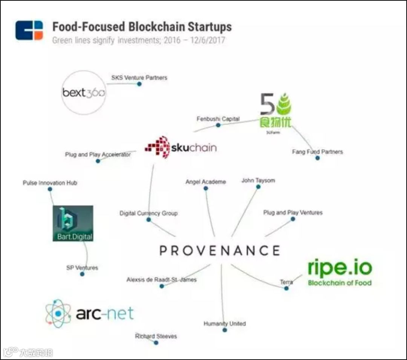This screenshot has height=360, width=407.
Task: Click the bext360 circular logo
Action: pyautogui.click(x=84, y=92)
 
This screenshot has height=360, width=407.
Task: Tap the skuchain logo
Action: pyautogui.click(x=181, y=147)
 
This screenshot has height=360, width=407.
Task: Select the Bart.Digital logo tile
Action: pyautogui.click(x=73, y=223)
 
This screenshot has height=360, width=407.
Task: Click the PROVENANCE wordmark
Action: pyautogui.click(x=220, y=251)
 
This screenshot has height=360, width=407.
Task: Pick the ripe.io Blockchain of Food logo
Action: pyautogui.click(x=340, y=271)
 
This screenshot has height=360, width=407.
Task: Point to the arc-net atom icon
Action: pyautogui.click(x=58, y=313)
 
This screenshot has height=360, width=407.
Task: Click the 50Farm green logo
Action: pyautogui.click(x=276, y=112)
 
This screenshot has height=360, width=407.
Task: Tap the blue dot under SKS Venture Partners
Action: pyautogui.click(x=139, y=84)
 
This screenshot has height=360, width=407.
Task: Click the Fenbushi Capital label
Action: pyautogui.click(x=218, y=119)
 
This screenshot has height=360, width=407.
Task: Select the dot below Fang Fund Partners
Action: pyautogui.click(x=317, y=158)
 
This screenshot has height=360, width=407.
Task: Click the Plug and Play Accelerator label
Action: pyautogui.click(x=98, y=155)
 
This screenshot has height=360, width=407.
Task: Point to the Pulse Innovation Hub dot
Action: pyautogui.click(x=50, y=189)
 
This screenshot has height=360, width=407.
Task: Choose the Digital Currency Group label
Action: pyautogui.click(x=148, y=213)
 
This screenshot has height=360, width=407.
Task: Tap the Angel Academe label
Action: pyautogui.click(x=205, y=182)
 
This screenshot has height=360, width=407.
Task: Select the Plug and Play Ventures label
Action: pyautogui.click(x=293, y=213)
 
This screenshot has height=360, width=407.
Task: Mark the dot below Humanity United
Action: pyautogui.click(x=225, y=330)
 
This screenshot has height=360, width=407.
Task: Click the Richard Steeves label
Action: pyautogui.click(x=156, y=336)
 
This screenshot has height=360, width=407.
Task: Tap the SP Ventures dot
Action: pyautogui.click(x=82, y=274)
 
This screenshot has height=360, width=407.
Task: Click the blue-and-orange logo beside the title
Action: pyautogui.click(x=29, y=30)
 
